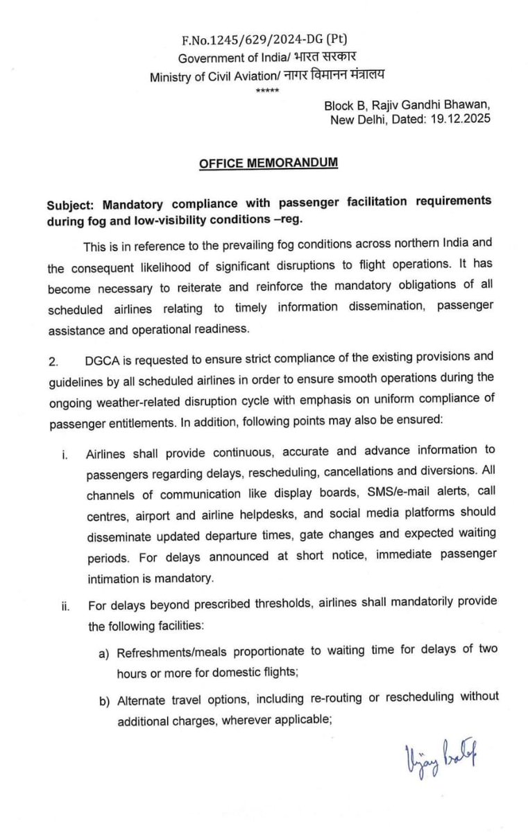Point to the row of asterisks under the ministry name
point(266,90)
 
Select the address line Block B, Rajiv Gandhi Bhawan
point(407,106)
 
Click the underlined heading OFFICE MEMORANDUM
point(269,164)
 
